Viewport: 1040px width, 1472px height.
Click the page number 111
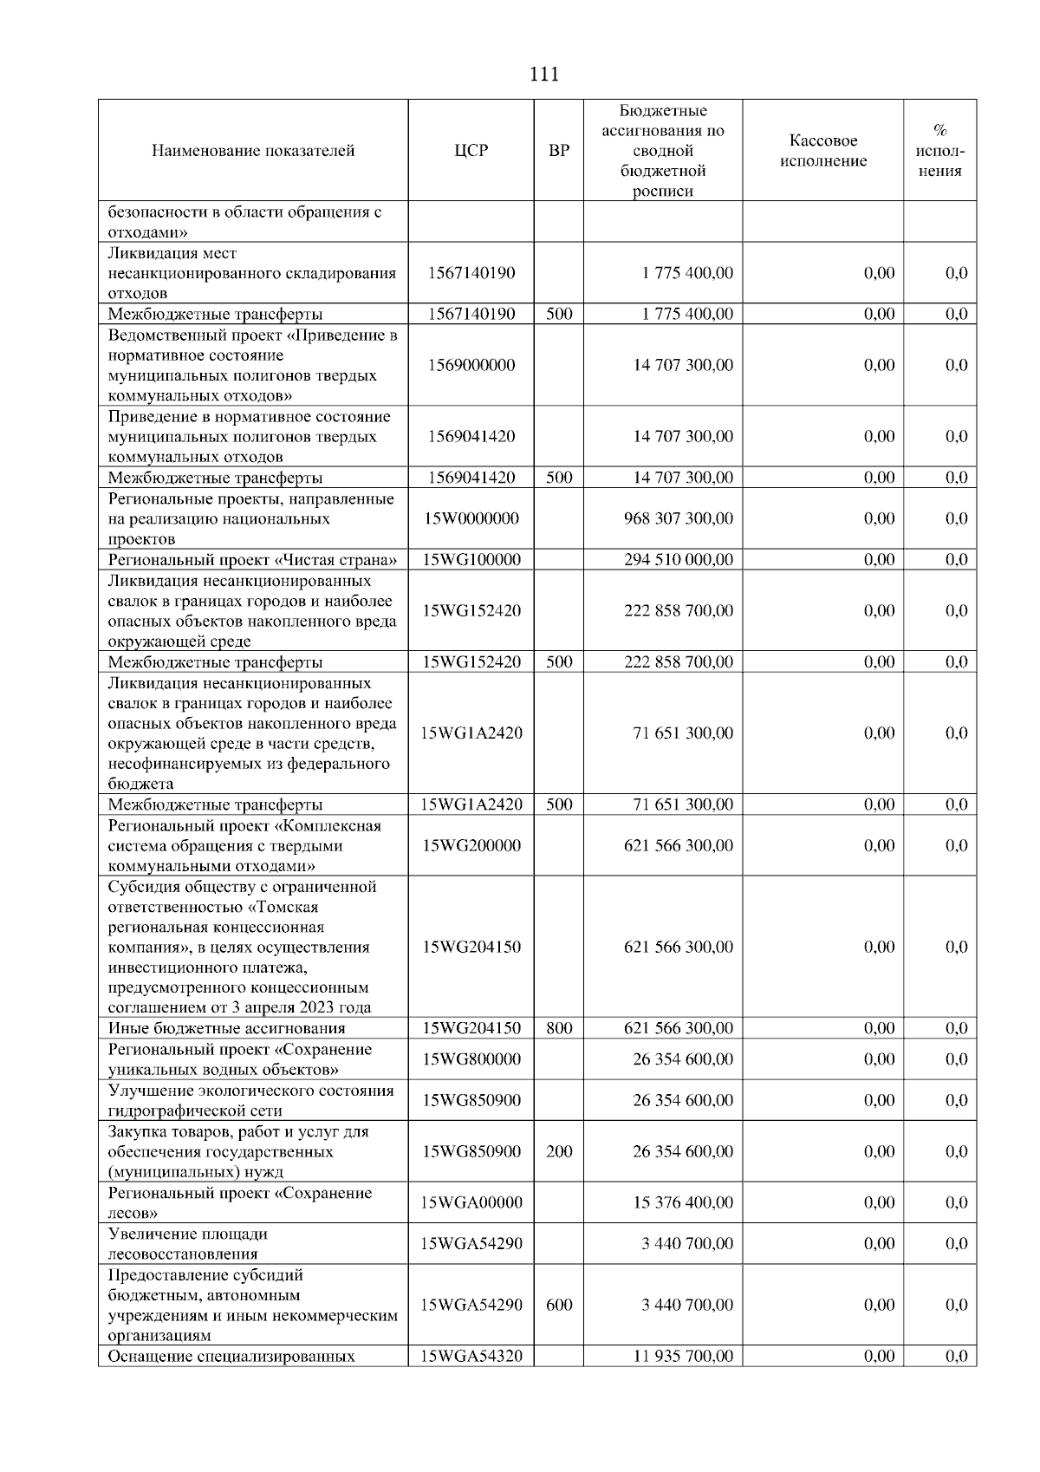[543, 75]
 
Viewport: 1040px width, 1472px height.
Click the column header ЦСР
[471, 151]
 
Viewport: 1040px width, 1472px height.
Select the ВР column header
[559, 151]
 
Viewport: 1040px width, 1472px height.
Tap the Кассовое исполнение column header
[822, 151]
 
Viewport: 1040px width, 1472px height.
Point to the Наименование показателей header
[253, 151]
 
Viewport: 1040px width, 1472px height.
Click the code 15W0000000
[471, 518]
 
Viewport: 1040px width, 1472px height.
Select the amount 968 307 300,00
[678, 518]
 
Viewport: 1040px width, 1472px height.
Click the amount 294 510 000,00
[678, 560]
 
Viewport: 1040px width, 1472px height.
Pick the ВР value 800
[559, 1028]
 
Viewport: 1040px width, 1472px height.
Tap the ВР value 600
[559, 1305]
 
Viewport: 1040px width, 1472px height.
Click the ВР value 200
[559, 1151]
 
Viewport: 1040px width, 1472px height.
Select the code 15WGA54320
[471, 1356]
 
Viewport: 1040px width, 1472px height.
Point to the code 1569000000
[471, 365]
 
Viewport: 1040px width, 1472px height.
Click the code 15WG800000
[471, 1059]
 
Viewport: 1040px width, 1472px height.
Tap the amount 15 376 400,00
[682, 1202]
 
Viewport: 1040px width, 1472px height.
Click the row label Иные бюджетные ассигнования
[226, 1028]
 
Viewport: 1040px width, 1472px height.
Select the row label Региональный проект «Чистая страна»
[252, 560]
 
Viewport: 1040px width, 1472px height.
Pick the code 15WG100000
[471, 560]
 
